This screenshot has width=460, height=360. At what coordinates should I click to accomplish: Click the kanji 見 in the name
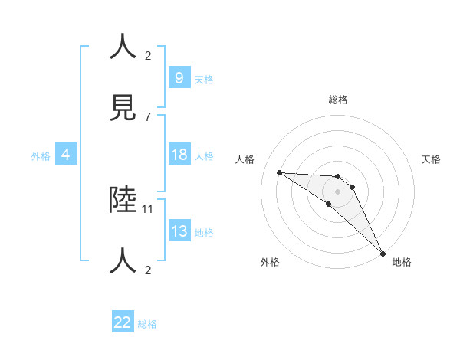point(124,108)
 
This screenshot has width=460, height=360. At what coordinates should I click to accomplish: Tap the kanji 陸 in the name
point(124,200)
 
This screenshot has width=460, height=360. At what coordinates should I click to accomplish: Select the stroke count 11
point(149,208)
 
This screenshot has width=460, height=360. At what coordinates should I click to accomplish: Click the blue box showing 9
point(179,77)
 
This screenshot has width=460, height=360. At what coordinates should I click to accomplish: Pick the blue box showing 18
point(179,155)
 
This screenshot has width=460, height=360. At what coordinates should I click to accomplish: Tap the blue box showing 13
point(179,232)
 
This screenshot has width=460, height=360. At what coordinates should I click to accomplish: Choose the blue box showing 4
point(65,155)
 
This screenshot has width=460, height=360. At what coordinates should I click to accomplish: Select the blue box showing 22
point(123,322)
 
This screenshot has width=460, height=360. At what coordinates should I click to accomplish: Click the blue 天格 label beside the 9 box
point(204,79)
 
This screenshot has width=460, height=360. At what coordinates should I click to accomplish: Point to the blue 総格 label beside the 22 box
point(147,324)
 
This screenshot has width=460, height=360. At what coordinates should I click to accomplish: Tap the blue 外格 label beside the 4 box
point(41,156)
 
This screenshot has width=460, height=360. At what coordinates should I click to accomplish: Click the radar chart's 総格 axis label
point(338,100)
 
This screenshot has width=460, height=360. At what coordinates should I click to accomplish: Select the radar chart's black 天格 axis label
point(431,159)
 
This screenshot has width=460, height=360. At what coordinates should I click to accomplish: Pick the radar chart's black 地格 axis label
point(402,262)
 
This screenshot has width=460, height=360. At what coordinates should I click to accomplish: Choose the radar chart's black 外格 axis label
point(270,262)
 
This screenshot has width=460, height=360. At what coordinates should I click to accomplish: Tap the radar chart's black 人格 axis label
point(245,159)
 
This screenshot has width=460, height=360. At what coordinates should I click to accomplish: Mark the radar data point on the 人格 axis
point(279,172)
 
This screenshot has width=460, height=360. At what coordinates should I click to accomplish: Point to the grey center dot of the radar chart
point(338,191)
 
